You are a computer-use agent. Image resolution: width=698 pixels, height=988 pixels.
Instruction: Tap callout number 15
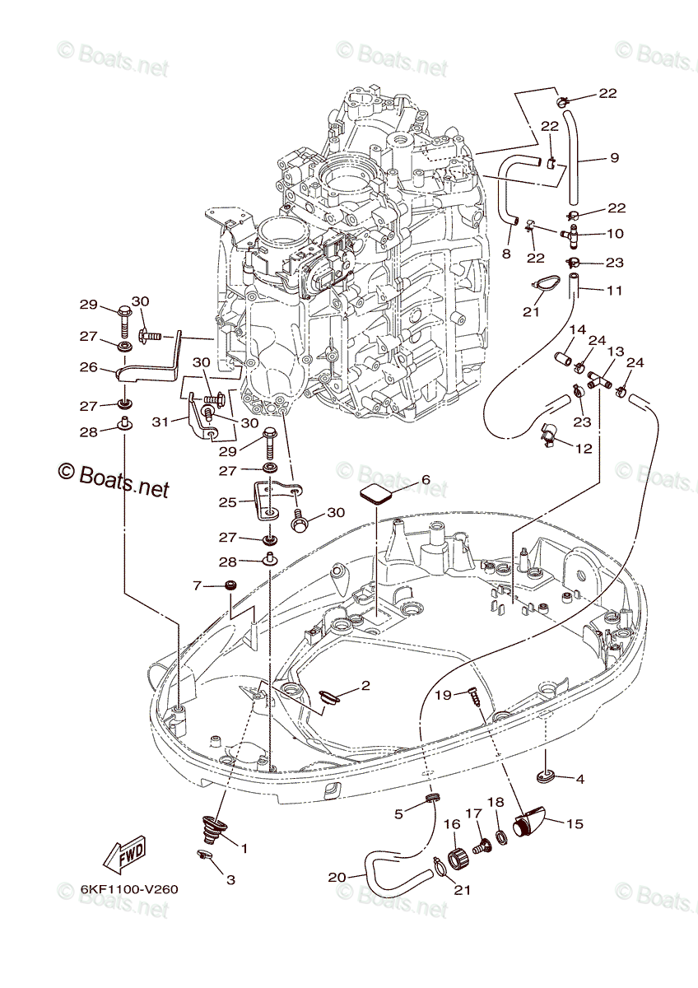click(x=575, y=823)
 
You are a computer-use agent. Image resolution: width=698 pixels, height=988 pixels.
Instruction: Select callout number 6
click(x=426, y=479)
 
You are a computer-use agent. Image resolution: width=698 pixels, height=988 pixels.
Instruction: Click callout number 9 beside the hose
click(x=614, y=157)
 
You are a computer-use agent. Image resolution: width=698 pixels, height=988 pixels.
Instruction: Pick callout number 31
click(x=160, y=422)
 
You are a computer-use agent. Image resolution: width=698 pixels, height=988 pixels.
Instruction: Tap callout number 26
click(x=88, y=366)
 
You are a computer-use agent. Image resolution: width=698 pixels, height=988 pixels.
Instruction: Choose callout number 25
click(x=227, y=502)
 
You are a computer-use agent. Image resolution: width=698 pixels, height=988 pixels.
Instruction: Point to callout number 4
click(x=579, y=780)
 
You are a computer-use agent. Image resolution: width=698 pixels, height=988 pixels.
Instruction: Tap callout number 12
click(x=584, y=449)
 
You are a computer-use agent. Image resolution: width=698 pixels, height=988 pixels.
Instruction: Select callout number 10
click(x=615, y=233)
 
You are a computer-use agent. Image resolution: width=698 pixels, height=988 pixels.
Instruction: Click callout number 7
click(x=197, y=585)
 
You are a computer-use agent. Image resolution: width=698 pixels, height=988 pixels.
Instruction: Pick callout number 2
click(x=365, y=685)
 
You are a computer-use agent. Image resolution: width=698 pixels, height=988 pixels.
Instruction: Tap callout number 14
click(x=577, y=329)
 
